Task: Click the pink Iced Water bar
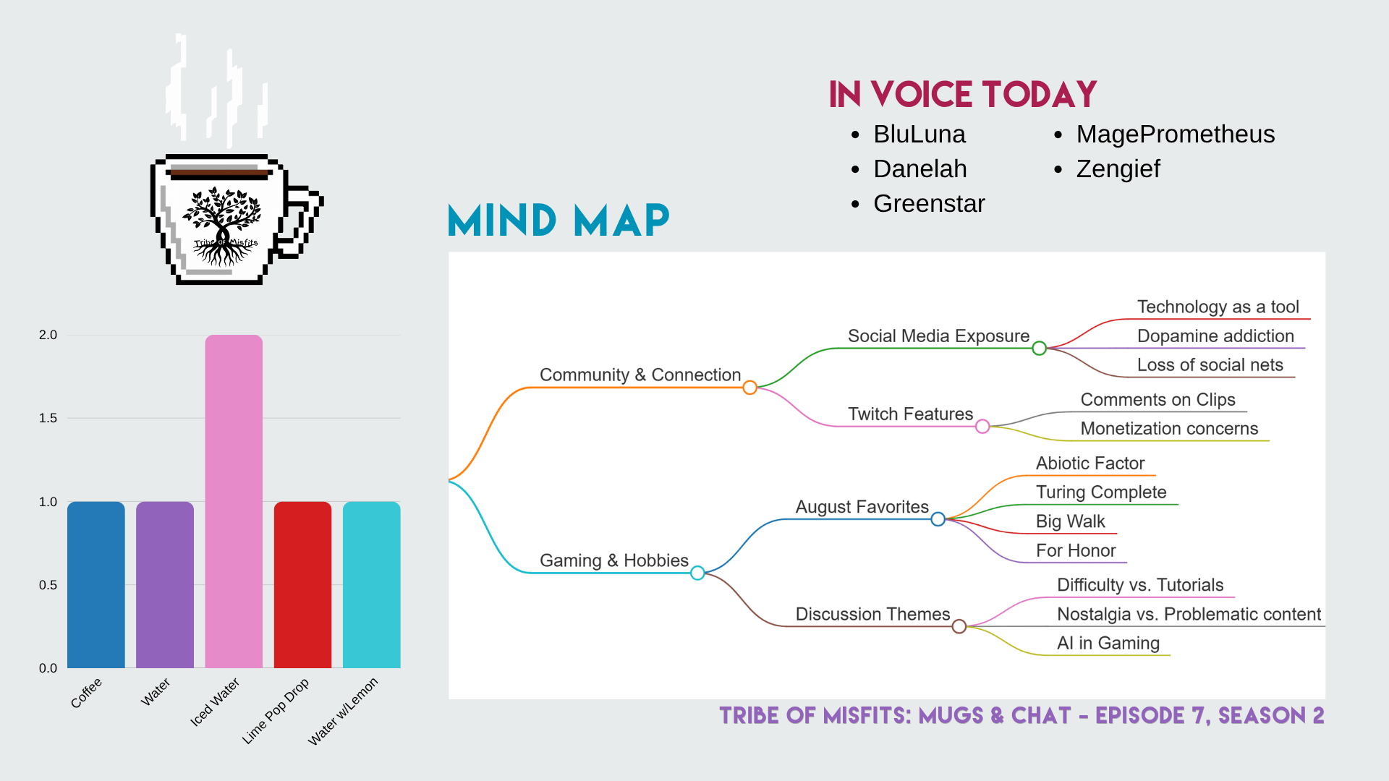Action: tap(234, 501)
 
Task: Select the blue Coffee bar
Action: tap(96, 584)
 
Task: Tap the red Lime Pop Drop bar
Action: tap(302, 584)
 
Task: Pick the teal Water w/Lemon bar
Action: tap(372, 584)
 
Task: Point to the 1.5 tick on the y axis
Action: tap(48, 418)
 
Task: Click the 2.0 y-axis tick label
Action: tap(48, 335)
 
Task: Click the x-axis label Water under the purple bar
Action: tap(156, 692)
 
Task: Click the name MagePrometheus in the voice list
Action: tap(1176, 135)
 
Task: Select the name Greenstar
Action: tap(929, 204)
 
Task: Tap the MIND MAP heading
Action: tap(558, 221)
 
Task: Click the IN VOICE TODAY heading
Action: tap(963, 95)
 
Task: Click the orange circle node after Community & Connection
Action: tap(750, 388)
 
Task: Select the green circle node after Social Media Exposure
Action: tap(1040, 349)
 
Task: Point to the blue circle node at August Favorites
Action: tap(938, 519)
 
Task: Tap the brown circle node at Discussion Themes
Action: tap(959, 626)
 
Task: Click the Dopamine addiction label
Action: tap(1215, 336)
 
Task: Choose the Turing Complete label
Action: tap(1101, 492)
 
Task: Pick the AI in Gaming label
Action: tap(1108, 643)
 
